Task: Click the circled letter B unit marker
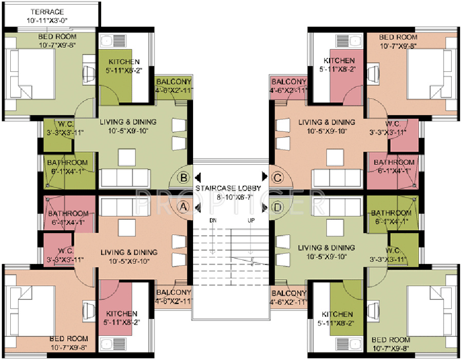[x=184, y=178]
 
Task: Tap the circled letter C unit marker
[x=278, y=178]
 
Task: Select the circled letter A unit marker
[x=184, y=207]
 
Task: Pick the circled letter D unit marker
[x=278, y=207]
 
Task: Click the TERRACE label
[x=47, y=12]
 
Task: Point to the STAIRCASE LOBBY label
[x=228, y=188]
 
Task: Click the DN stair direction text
[x=213, y=220]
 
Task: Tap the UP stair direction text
[x=251, y=220]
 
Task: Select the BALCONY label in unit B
[x=174, y=82]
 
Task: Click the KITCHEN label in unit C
[x=339, y=61]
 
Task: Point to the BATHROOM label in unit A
[x=68, y=214]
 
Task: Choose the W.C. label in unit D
[x=393, y=251]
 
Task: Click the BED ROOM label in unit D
[x=391, y=339]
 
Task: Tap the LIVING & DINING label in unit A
[x=129, y=252]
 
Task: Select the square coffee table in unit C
[x=335, y=158]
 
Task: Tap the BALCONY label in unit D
[x=288, y=293]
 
